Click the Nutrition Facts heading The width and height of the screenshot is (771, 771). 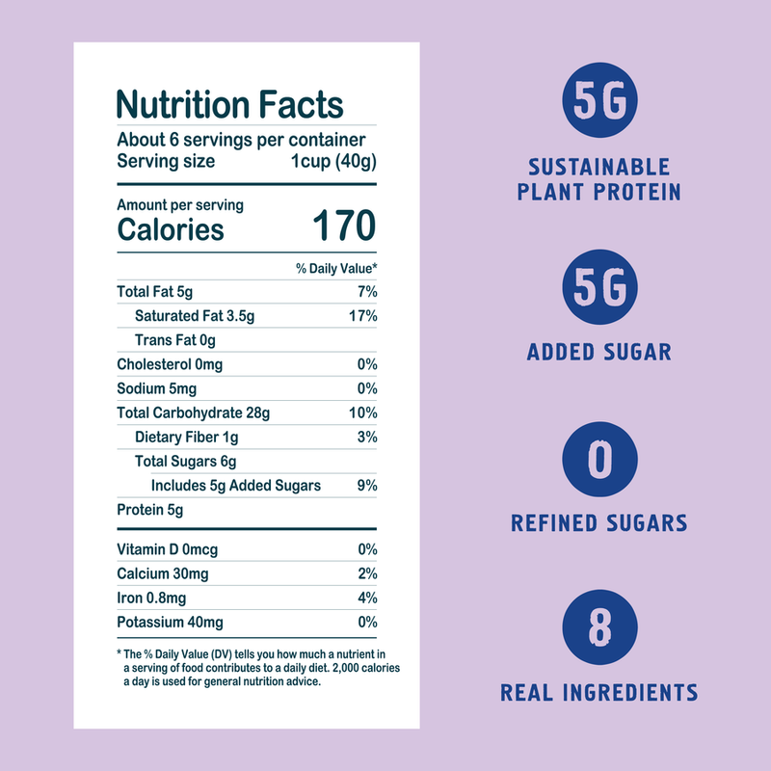pyautogui.click(x=229, y=104)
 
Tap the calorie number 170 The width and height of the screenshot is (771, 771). pyautogui.click(x=343, y=227)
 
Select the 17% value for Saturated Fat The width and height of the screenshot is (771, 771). pyautogui.click(x=363, y=316)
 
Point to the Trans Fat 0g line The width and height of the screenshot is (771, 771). pyautogui.click(x=174, y=340)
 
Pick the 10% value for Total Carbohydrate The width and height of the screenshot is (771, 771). pyautogui.click(x=362, y=413)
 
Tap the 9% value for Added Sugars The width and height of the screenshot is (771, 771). pyautogui.click(x=365, y=486)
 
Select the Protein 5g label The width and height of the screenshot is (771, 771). pyautogui.click(x=149, y=510)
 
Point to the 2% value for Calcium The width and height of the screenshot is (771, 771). pyautogui.click(x=365, y=574)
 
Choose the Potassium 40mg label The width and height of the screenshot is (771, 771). pyautogui.click(x=170, y=623)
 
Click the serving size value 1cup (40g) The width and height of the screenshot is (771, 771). pyautogui.click(x=333, y=161)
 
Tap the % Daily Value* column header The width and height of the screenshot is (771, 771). pyautogui.click(x=335, y=268)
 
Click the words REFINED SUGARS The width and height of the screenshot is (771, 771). pyautogui.click(x=598, y=524)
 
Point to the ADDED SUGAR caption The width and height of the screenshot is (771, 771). pyautogui.click(x=598, y=352)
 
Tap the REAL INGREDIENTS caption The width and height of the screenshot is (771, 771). pyautogui.click(x=598, y=692)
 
